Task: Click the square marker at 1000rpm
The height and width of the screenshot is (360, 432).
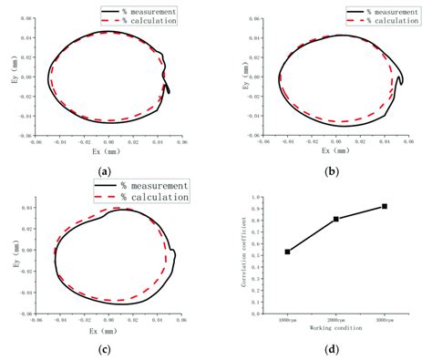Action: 287,252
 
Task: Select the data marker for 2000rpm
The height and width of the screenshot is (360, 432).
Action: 336,219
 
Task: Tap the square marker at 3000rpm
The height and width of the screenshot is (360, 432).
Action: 385,206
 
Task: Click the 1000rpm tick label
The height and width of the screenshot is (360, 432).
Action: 287,318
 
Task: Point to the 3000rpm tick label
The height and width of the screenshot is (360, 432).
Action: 385,318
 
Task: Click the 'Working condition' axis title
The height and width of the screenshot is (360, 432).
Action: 335,326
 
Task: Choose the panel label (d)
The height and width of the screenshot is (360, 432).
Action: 332,348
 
